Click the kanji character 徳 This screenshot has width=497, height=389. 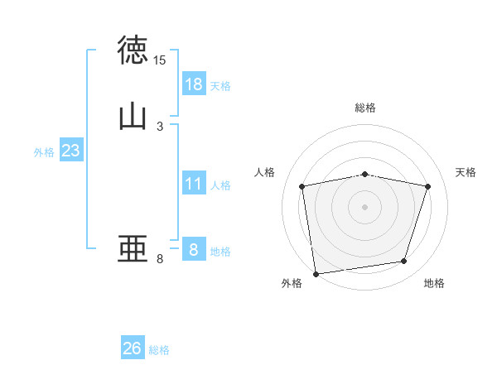133,50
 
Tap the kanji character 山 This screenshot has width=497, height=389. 133,117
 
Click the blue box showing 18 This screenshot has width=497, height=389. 193,84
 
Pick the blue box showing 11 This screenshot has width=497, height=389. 193,184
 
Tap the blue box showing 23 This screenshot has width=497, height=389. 70,151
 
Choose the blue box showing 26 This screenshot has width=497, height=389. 133,348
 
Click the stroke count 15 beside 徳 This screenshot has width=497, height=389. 160,60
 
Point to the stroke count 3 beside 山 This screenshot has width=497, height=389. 160,127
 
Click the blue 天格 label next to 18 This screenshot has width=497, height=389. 220,85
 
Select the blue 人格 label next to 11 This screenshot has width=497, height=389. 220,185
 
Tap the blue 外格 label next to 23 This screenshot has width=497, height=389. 44,152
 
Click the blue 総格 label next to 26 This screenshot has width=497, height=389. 160,350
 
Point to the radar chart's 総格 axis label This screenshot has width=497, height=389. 365,108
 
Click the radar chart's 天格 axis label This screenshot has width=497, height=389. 466,172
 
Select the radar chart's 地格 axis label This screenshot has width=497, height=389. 434,283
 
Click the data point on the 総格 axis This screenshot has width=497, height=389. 365,175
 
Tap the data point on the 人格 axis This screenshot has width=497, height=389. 302,186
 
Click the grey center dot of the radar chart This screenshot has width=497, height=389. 365,206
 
